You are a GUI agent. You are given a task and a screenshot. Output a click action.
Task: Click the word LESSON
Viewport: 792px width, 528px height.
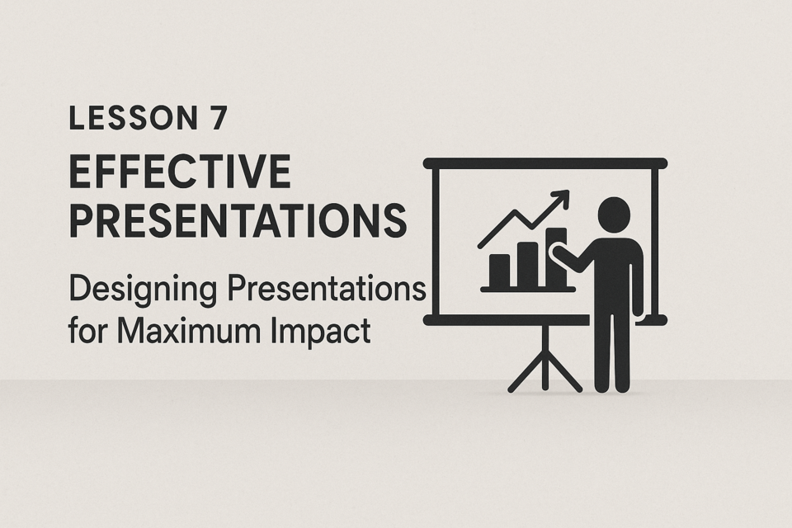click(133, 119)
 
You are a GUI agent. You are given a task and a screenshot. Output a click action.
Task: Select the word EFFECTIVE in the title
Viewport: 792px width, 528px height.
click(180, 172)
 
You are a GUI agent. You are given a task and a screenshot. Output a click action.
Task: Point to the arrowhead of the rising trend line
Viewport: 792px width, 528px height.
click(560, 198)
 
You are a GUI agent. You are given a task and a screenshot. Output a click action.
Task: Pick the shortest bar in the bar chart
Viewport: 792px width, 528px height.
click(500, 271)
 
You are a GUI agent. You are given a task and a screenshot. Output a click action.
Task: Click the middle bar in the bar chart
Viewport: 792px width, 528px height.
click(528, 264)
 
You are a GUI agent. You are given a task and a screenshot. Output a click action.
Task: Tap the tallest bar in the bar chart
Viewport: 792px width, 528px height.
click(557, 257)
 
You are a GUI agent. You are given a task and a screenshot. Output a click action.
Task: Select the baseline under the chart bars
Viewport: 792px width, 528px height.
click(528, 290)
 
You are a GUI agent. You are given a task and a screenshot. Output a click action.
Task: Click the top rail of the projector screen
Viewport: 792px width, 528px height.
click(545, 163)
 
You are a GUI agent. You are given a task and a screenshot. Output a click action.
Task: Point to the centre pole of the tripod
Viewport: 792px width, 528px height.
click(545, 356)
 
